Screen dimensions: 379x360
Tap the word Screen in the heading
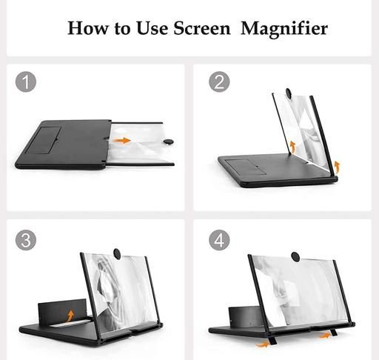(x=202, y=27)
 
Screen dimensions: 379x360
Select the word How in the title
(x=88, y=27)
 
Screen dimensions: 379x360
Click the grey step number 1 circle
(x=26, y=81)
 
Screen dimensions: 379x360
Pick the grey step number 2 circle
(x=219, y=81)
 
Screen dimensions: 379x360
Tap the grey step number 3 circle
(x=26, y=240)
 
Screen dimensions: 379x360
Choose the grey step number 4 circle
(x=219, y=240)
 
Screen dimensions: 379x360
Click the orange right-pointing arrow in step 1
(x=121, y=140)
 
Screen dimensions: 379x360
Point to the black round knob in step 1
(x=169, y=141)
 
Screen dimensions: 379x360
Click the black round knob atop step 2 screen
(x=289, y=93)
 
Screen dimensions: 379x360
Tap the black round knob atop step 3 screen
(x=117, y=254)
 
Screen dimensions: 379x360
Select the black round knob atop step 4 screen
(x=295, y=257)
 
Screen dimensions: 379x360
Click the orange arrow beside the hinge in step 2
(x=292, y=147)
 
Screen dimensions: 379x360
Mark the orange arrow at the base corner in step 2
(x=337, y=167)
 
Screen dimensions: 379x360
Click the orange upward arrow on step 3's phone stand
(x=70, y=316)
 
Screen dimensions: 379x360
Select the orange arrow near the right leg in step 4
(x=325, y=336)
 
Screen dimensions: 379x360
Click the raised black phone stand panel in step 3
(x=62, y=313)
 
